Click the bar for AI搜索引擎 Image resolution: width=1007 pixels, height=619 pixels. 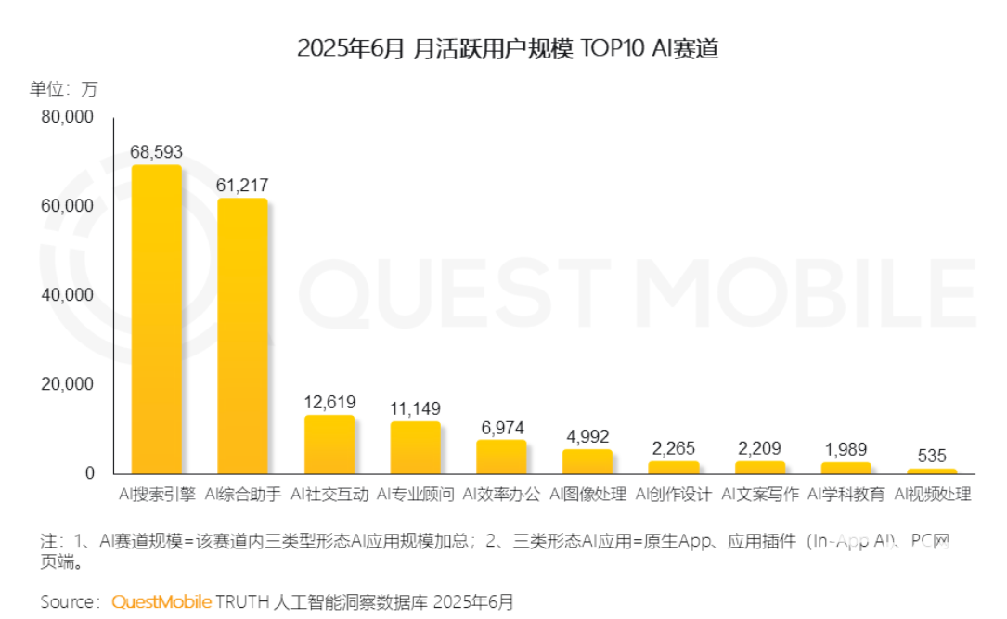click(x=156, y=319)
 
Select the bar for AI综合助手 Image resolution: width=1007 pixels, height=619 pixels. click(x=242, y=336)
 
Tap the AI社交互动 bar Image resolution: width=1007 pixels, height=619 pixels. click(x=329, y=445)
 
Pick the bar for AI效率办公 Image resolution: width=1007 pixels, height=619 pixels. click(x=501, y=457)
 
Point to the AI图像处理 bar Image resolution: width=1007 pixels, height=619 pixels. click(x=587, y=461)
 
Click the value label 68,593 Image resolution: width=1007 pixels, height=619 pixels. click(x=156, y=151)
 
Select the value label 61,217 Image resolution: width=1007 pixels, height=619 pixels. click(x=242, y=185)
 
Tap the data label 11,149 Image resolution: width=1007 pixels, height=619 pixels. click(x=415, y=408)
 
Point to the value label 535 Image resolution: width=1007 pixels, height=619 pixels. click(x=932, y=456)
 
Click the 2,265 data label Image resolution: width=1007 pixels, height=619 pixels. click(x=673, y=448)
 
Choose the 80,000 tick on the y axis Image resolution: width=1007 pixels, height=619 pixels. click(x=68, y=117)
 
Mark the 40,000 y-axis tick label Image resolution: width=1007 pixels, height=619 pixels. click(x=68, y=295)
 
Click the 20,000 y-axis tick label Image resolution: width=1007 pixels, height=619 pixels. click(x=68, y=384)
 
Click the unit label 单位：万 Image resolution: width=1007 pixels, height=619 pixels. click(x=62, y=89)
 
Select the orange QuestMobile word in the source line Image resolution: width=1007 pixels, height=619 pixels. click(x=161, y=601)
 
